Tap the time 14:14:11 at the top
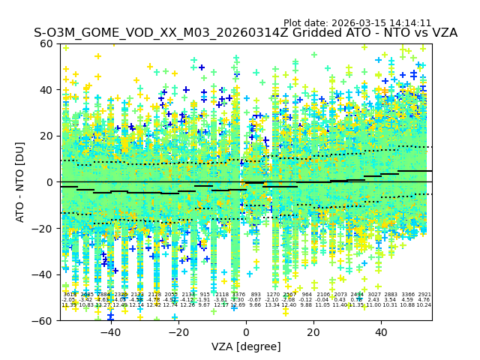pyautogui.click(x=411, y=23)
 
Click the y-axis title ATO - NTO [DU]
pyautogui.click(x=20, y=181)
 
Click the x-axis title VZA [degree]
pyautogui.click(x=246, y=346)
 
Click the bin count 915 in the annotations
pyautogui.click(x=205, y=295)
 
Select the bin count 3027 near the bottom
pyautogui.click(x=373, y=295)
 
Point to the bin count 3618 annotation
pyautogui.click(x=70, y=295)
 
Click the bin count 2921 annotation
pyautogui.click(x=424, y=295)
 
